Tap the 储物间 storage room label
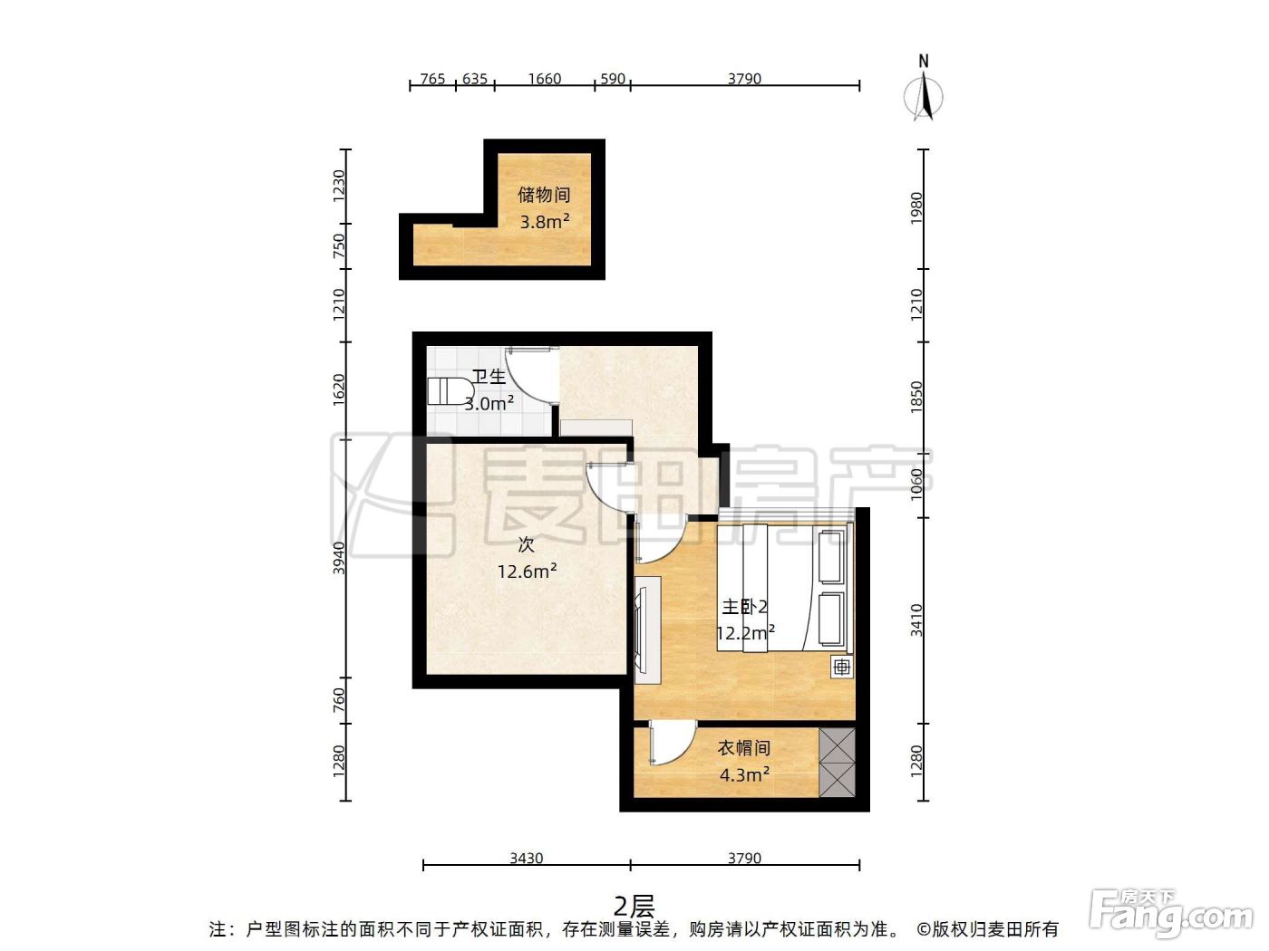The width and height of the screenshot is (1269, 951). tap(544, 195)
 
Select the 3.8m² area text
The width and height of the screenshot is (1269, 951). tap(545, 221)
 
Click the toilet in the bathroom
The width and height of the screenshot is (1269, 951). tap(450, 391)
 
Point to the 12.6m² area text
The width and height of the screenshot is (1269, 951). tap(527, 572)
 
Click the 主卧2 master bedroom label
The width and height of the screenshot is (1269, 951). tap(745, 607)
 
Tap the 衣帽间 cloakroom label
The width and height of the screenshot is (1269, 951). tap(744, 748)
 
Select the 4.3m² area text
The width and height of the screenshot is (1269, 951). tap(744, 774)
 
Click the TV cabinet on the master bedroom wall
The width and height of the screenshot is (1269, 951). tap(647, 630)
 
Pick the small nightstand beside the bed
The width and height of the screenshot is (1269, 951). tap(842, 668)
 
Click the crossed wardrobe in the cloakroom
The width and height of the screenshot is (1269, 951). tap(837, 763)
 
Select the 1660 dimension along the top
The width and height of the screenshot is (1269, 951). tap(545, 79)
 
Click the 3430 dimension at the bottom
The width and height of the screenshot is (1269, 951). tap(526, 858)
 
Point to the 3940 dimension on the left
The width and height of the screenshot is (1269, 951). tap(339, 558)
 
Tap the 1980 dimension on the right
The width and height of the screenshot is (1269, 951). tap(916, 208)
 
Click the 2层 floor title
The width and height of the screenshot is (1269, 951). tap(634, 908)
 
